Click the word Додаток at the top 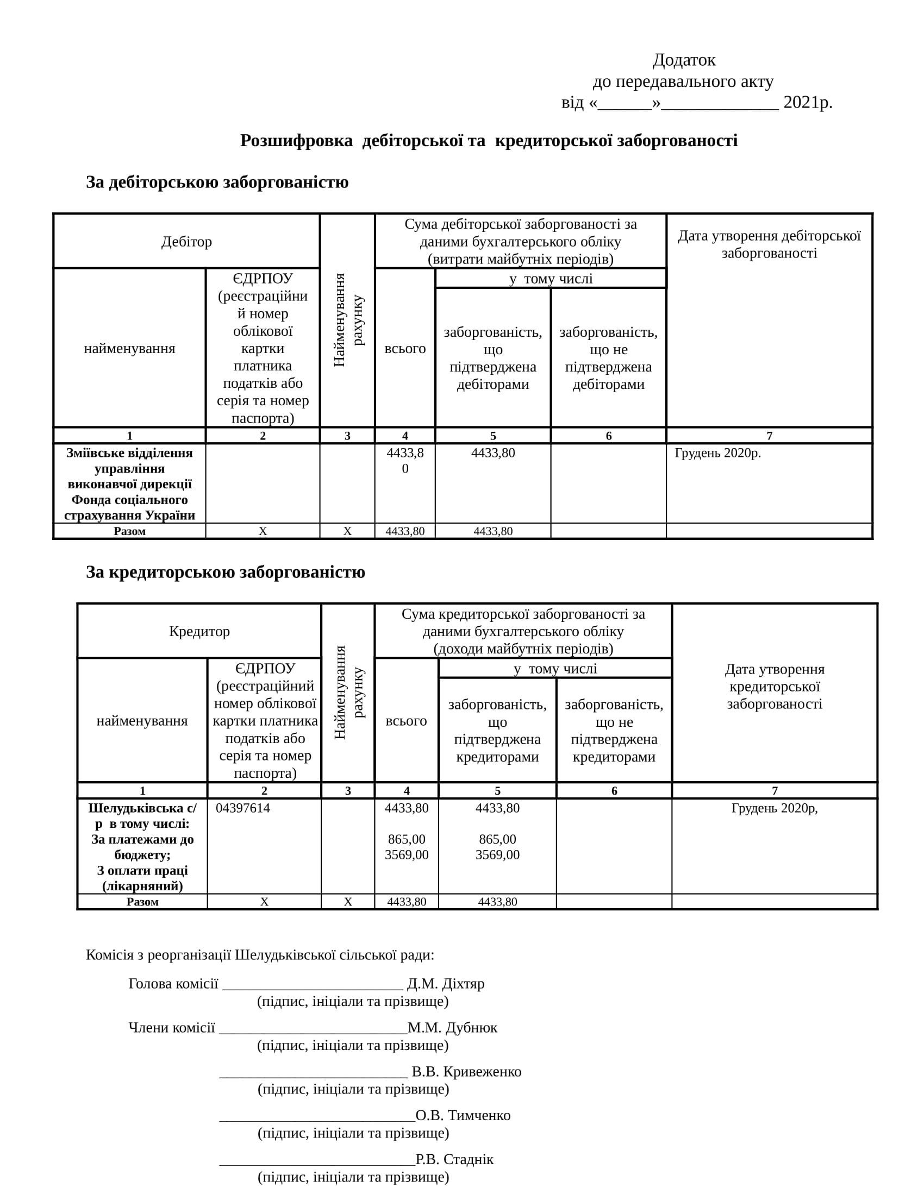coord(684,60)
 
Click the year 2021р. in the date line coord(807,102)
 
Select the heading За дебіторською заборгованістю coord(217,182)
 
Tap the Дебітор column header coord(186,242)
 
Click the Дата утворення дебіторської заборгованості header coord(769,244)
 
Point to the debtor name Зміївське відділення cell coord(130,483)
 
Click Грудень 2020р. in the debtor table coord(717,453)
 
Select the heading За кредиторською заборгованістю coord(225,573)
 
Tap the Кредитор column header coord(199,631)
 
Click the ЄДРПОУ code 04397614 coord(242,808)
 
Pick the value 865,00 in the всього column coord(406,839)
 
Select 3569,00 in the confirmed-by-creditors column coord(497,854)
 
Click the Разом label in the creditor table coord(142,902)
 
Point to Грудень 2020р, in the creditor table coord(775,808)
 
